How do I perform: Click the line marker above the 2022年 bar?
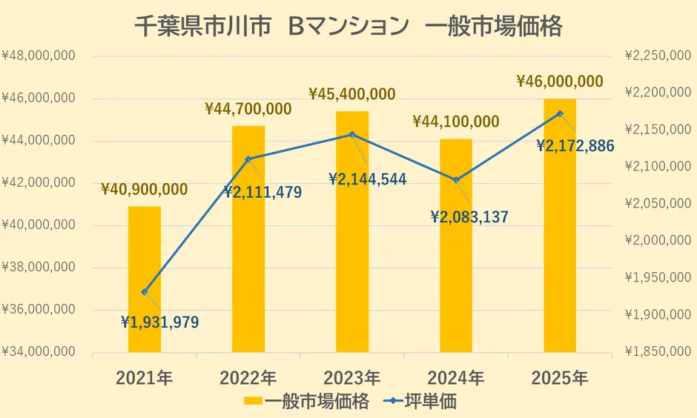[x=248, y=159]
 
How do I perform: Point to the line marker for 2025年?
[x=560, y=113]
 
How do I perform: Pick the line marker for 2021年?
[x=145, y=292]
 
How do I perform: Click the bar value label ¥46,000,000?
[x=559, y=82]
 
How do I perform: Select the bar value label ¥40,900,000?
[x=144, y=190]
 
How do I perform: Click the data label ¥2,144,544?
[x=367, y=179]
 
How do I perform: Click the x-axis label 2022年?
[x=248, y=377]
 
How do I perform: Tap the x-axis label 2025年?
[x=560, y=377]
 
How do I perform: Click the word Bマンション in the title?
[x=348, y=27]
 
